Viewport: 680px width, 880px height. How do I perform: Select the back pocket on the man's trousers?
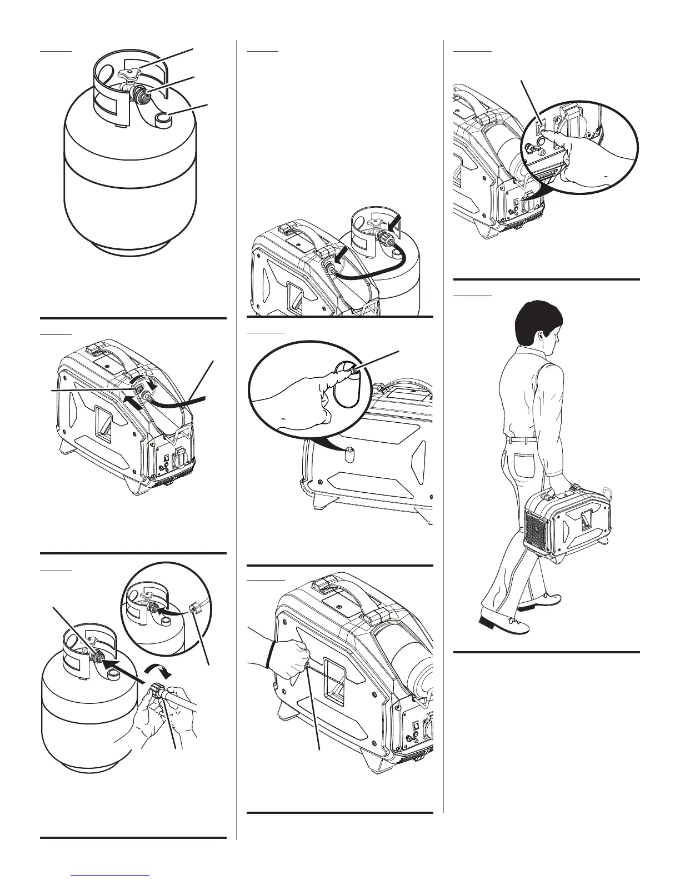pyautogui.click(x=522, y=450)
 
